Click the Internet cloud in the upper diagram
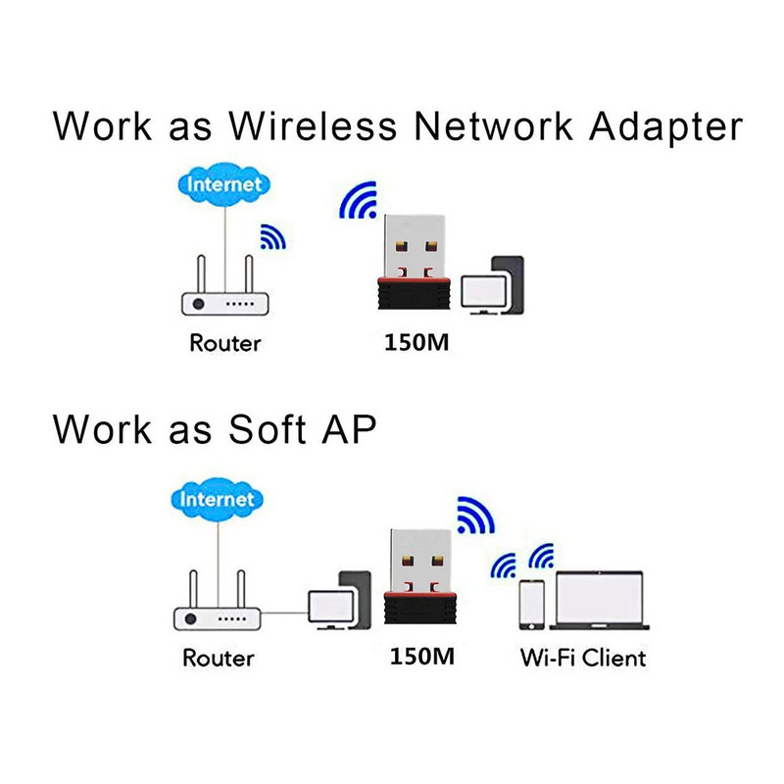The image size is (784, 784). coord(224,185)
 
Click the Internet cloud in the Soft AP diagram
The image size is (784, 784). coord(217,501)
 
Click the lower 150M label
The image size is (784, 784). coord(423,657)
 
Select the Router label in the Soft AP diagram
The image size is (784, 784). coord(219,657)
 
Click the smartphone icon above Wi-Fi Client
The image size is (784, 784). coord(532,605)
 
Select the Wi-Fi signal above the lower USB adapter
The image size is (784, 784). coord(476,516)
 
